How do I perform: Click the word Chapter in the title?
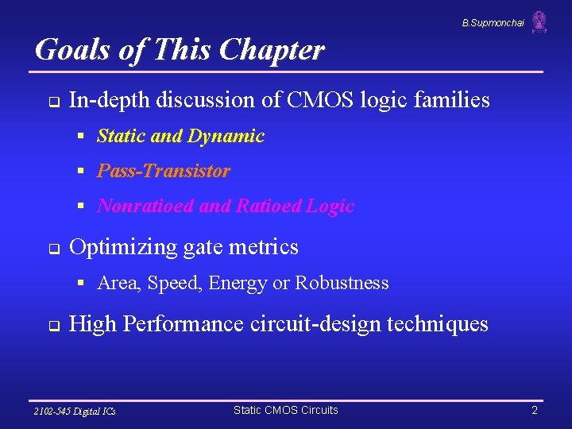[x=272, y=50]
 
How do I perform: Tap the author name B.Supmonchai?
[x=493, y=23]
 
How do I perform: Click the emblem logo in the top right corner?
[x=539, y=22]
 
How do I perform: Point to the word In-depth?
[x=110, y=100]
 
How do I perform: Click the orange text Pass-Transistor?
[x=164, y=172]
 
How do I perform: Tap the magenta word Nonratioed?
[x=145, y=207]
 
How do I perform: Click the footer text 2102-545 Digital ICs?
[x=75, y=412]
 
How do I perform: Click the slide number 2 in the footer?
[x=535, y=411]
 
